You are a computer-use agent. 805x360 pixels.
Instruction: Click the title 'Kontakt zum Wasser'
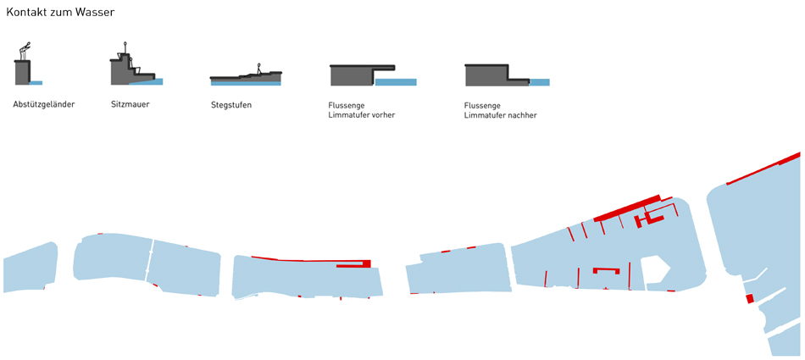tap(60, 13)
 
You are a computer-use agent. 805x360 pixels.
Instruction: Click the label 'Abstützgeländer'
tap(44, 104)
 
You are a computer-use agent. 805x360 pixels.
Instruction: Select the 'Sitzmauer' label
tap(130, 104)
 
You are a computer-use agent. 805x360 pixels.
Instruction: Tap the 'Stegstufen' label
tap(231, 105)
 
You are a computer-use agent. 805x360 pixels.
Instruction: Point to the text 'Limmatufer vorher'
tap(362, 114)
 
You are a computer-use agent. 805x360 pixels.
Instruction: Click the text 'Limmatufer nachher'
tap(501, 115)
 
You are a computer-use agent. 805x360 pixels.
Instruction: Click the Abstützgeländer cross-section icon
tap(26, 68)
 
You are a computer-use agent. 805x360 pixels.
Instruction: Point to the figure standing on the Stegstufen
tap(259, 68)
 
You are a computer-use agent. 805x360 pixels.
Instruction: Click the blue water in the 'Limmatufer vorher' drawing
tap(396, 82)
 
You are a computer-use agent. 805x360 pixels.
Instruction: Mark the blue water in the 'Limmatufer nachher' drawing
tap(539, 82)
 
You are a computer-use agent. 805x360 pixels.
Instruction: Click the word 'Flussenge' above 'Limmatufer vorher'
tap(347, 105)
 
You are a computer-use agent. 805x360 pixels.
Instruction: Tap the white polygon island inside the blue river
tap(656, 270)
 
